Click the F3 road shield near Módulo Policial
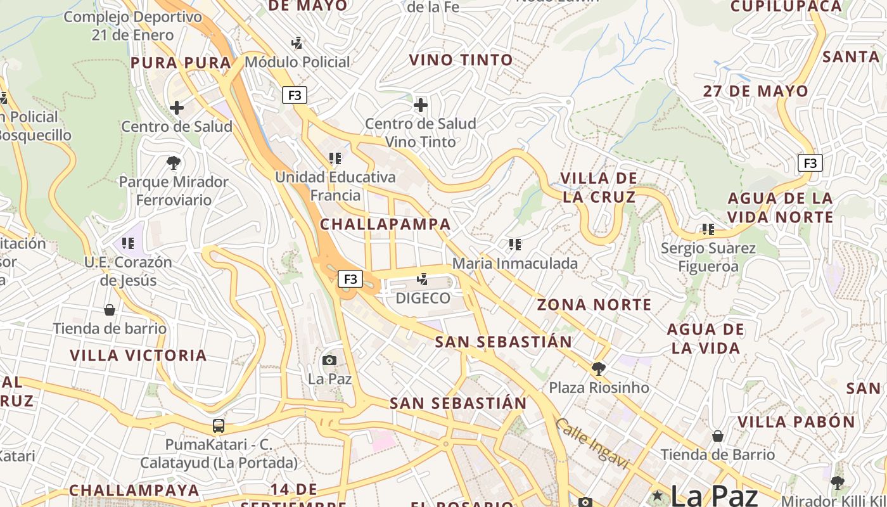(x=295, y=96)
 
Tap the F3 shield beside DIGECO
(x=350, y=279)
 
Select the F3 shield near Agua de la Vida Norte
(x=810, y=163)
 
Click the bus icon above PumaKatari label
(x=219, y=426)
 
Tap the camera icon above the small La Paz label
(x=329, y=361)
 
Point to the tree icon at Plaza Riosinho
(x=598, y=368)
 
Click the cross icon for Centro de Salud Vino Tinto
(x=421, y=105)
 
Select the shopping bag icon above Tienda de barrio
(x=110, y=310)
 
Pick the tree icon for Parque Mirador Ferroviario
(x=174, y=163)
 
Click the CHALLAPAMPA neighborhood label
(x=385, y=224)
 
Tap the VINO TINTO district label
(x=461, y=60)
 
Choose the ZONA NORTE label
(x=594, y=305)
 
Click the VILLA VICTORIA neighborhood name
(x=138, y=355)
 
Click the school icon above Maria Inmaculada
(x=514, y=244)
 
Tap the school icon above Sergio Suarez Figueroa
(x=708, y=229)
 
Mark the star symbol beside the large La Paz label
(x=658, y=494)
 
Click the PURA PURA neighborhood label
(x=181, y=63)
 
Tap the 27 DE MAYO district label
(x=755, y=91)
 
